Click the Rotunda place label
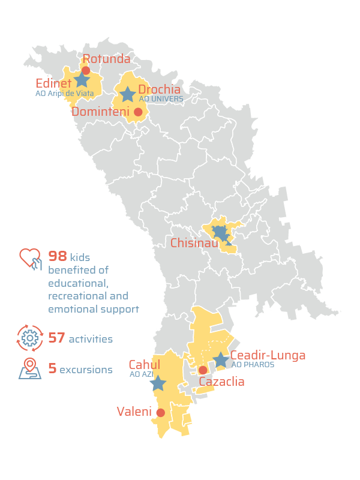click(106, 59)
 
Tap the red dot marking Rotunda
click(86, 71)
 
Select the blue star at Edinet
click(82, 80)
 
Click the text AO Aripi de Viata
click(64, 93)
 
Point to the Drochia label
click(159, 89)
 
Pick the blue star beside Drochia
click(127, 94)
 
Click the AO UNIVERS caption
click(161, 99)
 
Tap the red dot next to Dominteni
click(138, 112)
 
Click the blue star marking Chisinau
click(220, 233)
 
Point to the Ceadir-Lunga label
click(268, 355)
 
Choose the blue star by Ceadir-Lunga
click(221, 359)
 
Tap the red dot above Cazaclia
click(203, 370)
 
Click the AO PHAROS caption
click(253, 365)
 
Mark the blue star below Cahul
click(158, 383)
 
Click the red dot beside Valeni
click(160, 413)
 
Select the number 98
click(58, 257)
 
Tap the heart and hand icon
click(30, 260)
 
